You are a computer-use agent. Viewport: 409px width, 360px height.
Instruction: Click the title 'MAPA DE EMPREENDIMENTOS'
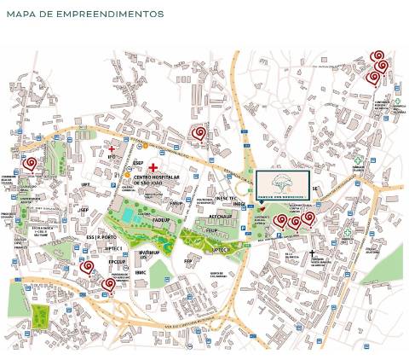pos(84,15)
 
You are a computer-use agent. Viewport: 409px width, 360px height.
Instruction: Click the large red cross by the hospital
pos(153,167)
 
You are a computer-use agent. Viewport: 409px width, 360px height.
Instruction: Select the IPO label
pos(112,156)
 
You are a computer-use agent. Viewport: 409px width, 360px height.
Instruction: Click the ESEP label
pos(138,163)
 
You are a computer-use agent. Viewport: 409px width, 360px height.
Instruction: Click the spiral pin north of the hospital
pos(199,132)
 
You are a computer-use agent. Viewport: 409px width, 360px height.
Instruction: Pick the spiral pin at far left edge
pos(30,163)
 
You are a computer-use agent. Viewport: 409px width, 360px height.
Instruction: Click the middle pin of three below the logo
pos(295,222)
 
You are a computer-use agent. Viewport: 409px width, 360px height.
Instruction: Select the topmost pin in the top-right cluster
pos(377,57)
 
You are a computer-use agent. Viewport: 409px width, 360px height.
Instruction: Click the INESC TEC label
pos(231,198)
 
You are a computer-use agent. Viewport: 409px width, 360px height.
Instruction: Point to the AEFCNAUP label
pos(223,218)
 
